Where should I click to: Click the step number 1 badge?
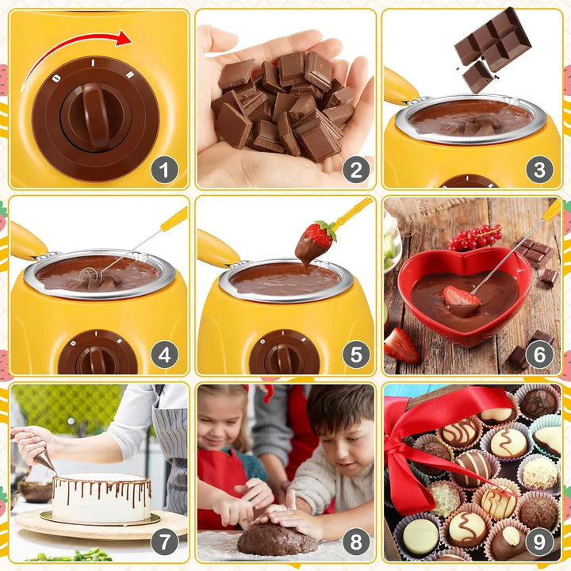165,170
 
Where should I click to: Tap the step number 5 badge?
356,354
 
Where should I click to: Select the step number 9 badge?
539,542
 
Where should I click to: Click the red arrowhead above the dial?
124,38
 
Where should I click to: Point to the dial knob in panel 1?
96,117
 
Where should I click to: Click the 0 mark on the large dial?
56,78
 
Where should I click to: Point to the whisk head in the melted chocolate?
91,275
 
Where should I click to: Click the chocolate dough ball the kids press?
277,538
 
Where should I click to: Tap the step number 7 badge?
165,542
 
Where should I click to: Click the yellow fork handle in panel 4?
174,220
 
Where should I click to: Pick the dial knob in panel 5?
283,358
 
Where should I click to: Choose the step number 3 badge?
539,170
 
